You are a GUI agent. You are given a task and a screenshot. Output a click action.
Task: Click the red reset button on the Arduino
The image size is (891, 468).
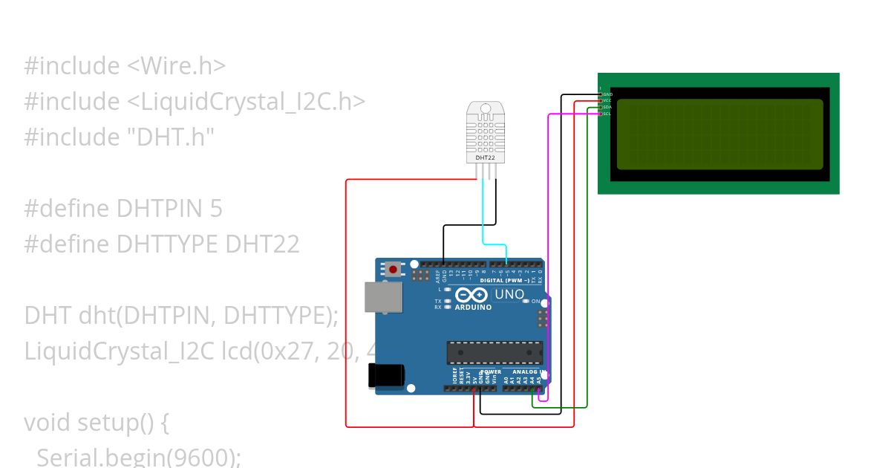(392, 268)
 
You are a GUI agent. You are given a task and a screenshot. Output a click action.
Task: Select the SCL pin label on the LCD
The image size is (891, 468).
(607, 114)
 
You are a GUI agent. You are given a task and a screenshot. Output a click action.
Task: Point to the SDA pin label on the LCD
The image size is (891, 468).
(607, 107)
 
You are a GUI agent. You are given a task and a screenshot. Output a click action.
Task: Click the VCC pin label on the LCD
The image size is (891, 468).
(607, 101)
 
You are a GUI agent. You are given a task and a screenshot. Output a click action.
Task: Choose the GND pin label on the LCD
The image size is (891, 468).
(607, 94)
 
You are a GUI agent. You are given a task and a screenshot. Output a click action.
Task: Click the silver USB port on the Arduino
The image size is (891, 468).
(383, 296)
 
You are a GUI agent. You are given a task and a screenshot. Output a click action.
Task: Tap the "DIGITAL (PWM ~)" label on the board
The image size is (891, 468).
(505, 281)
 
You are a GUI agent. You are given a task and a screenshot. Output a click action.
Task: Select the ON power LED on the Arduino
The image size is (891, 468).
(526, 301)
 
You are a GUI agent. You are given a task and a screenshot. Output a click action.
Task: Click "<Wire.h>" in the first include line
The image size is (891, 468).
(176, 66)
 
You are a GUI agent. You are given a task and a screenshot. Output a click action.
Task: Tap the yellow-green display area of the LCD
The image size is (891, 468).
(719, 134)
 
